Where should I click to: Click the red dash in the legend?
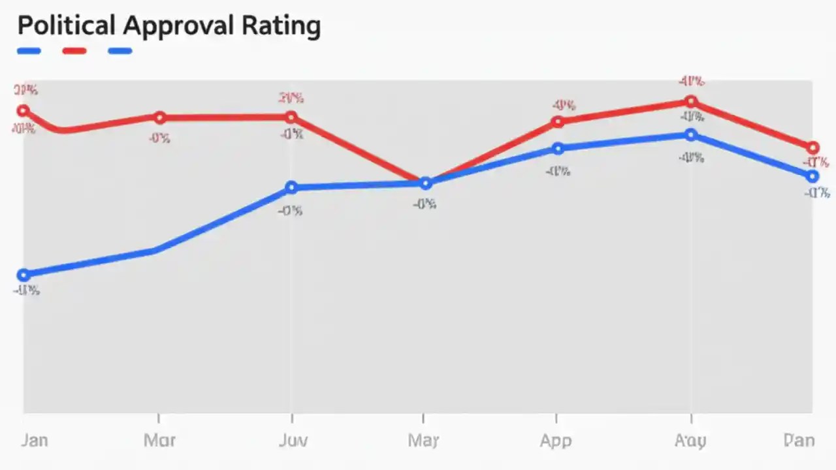pos(74,51)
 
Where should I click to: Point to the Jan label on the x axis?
pos(34,441)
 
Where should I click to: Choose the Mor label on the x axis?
pos(159,441)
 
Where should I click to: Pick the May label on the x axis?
pos(423,441)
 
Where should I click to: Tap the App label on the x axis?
pos(556,441)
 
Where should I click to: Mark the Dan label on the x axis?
pos(799,441)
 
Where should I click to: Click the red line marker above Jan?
pos(23,110)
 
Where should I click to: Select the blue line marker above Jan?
pos(23,275)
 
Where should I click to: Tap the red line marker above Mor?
pos(159,117)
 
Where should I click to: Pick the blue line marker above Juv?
pos(291,188)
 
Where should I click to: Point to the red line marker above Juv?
pos(291,117)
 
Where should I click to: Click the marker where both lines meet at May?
pos(425,183)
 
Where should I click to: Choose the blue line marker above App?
pos(557,149)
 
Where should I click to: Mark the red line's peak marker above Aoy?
pos(691,101)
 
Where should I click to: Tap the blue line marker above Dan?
pos(812,176)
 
